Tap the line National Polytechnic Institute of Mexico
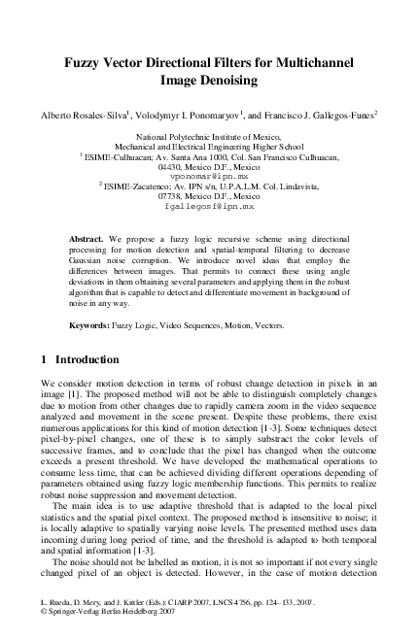(x=208, y=138)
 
